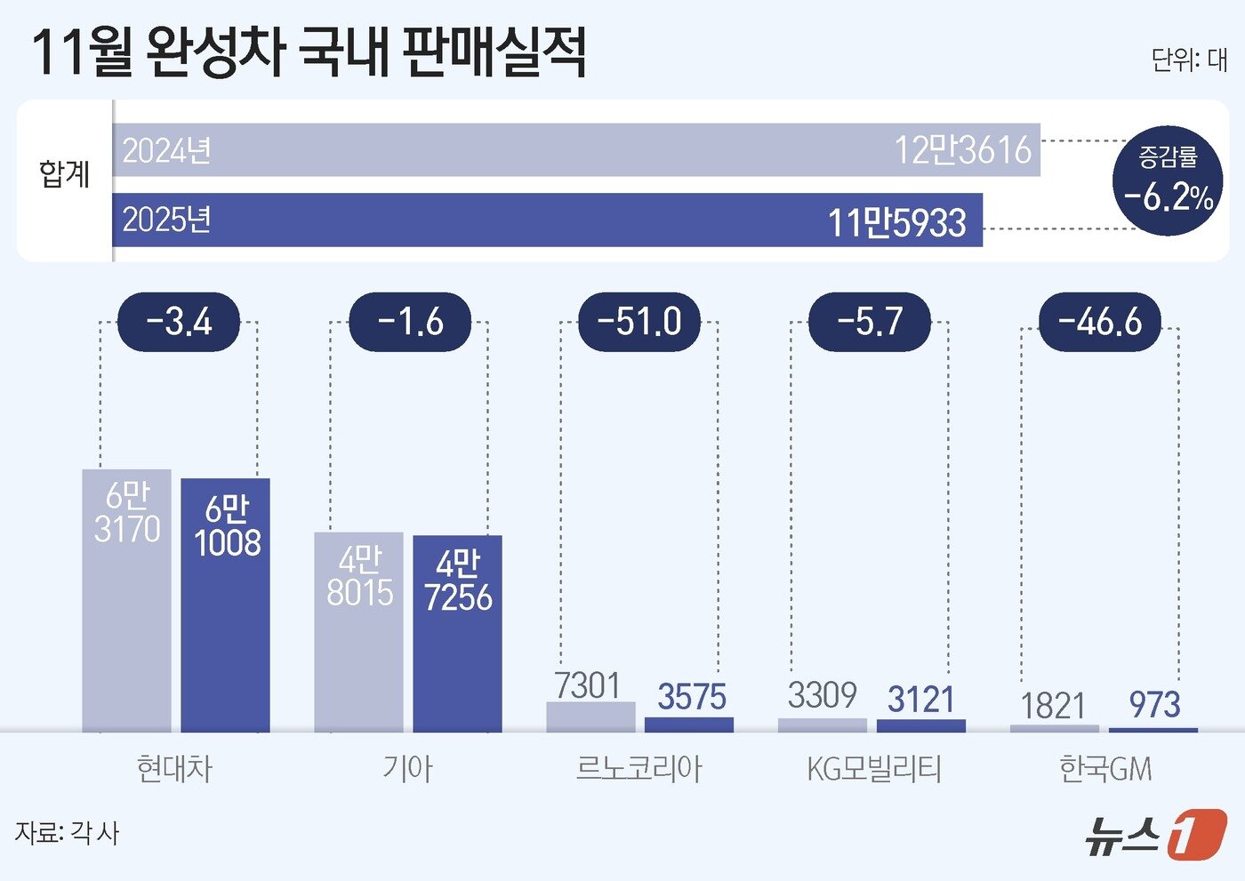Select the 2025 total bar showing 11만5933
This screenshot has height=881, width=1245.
(547, 220)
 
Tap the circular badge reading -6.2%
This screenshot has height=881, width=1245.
(1168, 180)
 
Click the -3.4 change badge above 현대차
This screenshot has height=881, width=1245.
(179, 322)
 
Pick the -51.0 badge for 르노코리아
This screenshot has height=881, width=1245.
(639, 322)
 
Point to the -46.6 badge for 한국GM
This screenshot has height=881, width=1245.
(1100, 322)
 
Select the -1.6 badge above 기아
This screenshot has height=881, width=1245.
(410, 322)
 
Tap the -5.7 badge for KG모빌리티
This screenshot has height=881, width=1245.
(870, 322)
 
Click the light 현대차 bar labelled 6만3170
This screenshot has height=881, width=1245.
(126, 601)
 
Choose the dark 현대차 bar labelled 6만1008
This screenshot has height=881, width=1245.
(226, 605)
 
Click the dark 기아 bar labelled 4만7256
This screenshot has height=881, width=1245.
(458, 634)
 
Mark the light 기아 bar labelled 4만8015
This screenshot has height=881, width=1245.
(358, 632)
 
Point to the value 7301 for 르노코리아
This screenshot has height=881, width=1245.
(587, 686)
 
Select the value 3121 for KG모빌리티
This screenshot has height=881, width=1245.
(920, 700)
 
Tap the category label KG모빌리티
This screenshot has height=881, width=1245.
(873, 769)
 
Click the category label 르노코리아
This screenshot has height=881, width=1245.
(639, 769)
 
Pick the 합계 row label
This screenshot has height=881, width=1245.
(64, 173)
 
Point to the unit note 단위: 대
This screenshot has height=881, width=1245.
(1189, 60)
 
